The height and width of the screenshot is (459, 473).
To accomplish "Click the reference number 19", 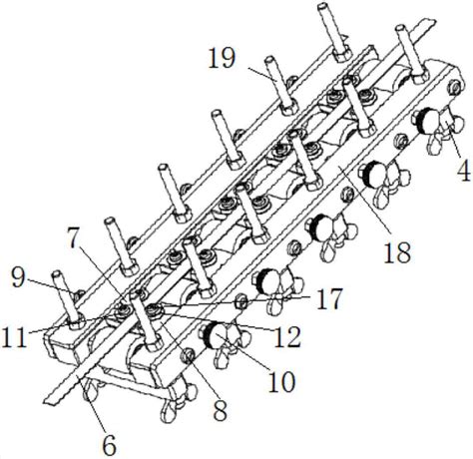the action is [223, 58].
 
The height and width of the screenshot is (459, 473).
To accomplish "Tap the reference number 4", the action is [464, 170].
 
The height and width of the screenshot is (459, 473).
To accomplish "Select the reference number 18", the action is [397, 252].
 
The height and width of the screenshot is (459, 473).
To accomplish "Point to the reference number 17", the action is [329, 299].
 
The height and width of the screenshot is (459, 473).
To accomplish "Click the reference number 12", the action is [287, 336].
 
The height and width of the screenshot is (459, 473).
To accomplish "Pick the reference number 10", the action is [281, 381].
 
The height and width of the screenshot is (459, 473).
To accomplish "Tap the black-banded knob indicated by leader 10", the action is [213, 336].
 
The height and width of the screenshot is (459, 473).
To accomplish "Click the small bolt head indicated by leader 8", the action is [187, 356].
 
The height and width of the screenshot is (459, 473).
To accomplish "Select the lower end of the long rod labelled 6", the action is [51, 400].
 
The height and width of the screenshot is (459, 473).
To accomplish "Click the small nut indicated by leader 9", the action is [78, 295].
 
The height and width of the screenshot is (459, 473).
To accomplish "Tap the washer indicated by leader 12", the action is [156, 308].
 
